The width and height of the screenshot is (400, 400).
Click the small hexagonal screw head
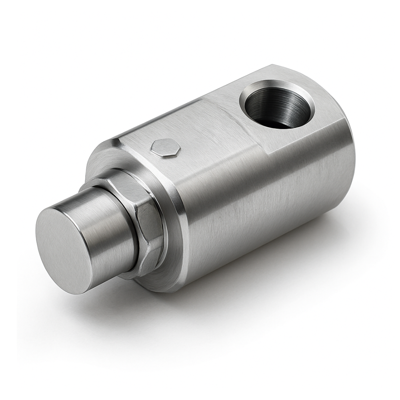(x=165, y=148)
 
